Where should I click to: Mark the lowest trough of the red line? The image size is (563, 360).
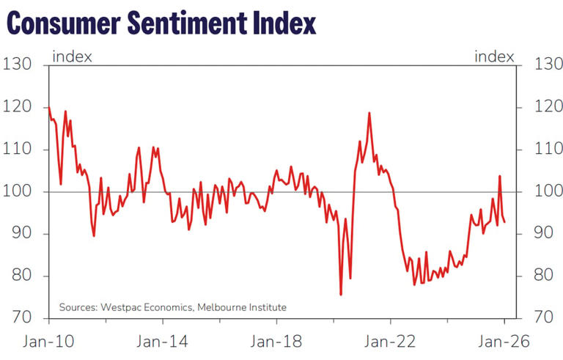tap(341, 295)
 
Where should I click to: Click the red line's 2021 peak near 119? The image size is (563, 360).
tap(369, 113)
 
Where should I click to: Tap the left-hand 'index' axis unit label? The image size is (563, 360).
tap(72, 56)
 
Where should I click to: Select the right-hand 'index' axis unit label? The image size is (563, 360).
tap(495, 56)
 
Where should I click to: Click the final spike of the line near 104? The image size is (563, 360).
tap(500, 176)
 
